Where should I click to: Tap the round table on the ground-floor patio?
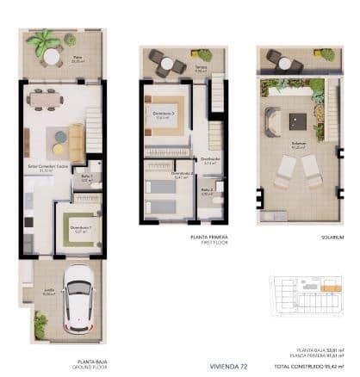coord(53,56)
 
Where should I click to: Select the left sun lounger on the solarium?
coord(285,172)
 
